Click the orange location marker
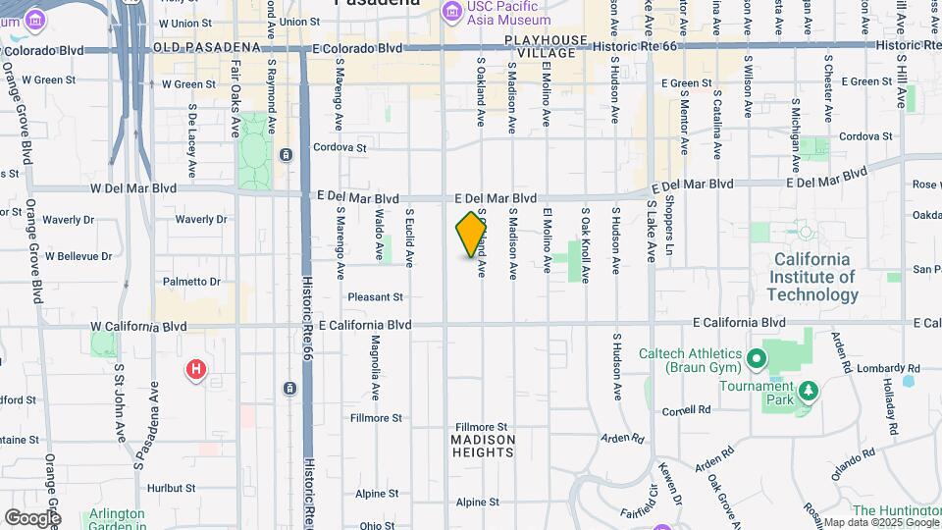click(x=472, y=236)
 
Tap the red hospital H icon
click(x=196, y=370)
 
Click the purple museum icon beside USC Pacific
click(x=451, y=11)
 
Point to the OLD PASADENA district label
click(x=206, y=47)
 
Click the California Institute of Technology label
click(x=812, y=277)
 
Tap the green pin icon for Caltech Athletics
click(x=756, y=359)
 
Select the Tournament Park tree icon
click(x=810, y=393)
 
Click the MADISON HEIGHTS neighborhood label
click(x=482, y=442)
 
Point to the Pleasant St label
click(x=375, y=296)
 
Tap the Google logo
click(x=32, y=517)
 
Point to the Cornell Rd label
click(x=686, y=410)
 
